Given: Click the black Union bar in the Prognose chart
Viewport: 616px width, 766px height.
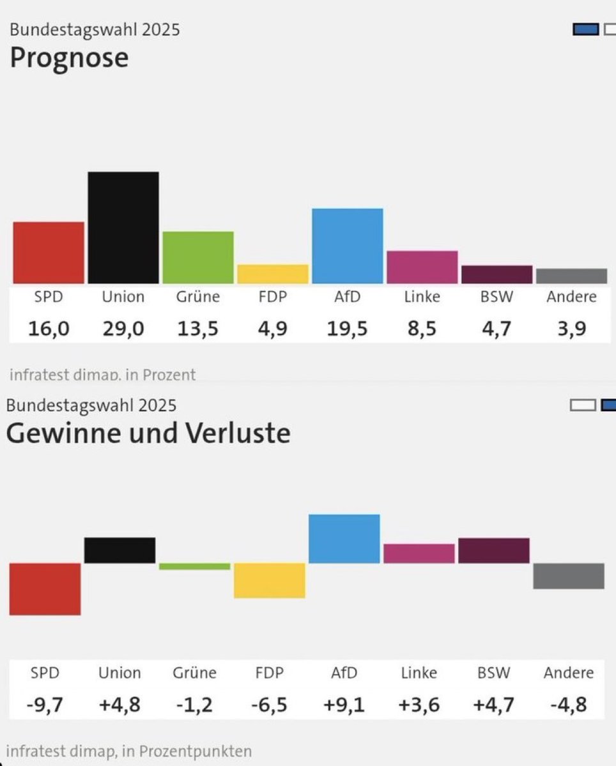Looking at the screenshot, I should tap(123, 227).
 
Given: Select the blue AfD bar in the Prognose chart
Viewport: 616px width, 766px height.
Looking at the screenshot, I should tap(347, 246).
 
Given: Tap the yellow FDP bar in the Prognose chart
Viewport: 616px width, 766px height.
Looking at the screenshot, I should tap(273, 274).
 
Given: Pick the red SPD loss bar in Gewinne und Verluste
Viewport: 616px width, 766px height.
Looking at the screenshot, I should tap(45, 589).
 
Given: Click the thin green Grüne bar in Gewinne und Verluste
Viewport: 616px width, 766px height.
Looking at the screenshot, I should tap(194, 566).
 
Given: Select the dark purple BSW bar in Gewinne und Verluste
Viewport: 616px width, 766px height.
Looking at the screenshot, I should tap(493, 550).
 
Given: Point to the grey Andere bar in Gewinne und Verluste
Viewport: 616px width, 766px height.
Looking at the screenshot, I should tap(568, 576).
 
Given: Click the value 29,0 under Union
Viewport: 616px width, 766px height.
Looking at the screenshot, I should tap(123, 329).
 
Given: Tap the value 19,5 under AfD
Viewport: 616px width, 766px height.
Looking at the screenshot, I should tap(347, 329).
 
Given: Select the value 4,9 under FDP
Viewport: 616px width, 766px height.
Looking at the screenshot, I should tap(273, 329).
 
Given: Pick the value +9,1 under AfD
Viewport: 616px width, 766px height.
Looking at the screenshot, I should tap(344, 705).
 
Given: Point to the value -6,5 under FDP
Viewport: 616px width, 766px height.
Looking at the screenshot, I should tap(269, 705).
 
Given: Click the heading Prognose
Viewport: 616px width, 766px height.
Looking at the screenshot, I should tap(69, 58).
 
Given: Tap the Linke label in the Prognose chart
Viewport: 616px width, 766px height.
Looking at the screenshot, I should tap(422, 297).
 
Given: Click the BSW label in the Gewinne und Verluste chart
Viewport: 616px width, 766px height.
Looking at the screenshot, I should tap(493, 673).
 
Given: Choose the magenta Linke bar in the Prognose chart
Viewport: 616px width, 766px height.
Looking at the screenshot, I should tap(422, 267).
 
